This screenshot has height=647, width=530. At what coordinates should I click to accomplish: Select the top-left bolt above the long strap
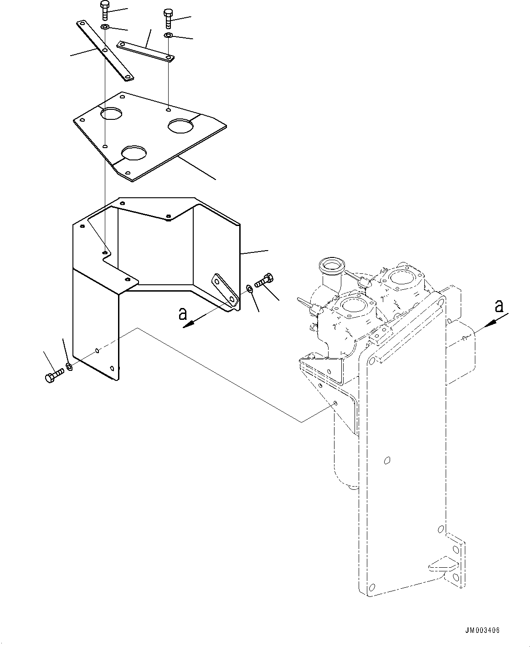tap(104, 10)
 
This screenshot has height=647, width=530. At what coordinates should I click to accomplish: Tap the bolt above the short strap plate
tap(168, 18)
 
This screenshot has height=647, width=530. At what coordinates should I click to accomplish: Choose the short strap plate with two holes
tap(145, 51)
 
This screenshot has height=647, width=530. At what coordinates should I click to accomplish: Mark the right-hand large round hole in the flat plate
tap(181, 125)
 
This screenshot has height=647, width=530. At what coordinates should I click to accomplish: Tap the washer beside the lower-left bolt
tap(69, 366)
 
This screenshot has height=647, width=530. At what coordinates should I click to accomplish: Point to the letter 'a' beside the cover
tap(183, 313)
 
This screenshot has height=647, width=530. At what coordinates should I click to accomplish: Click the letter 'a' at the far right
tap(499, 305)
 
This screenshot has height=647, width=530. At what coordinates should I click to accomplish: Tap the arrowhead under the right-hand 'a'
tap(489, 323)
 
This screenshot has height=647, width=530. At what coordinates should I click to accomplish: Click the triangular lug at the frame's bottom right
tap(442, 565)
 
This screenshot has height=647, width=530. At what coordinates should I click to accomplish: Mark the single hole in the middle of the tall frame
tap(387, 460)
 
